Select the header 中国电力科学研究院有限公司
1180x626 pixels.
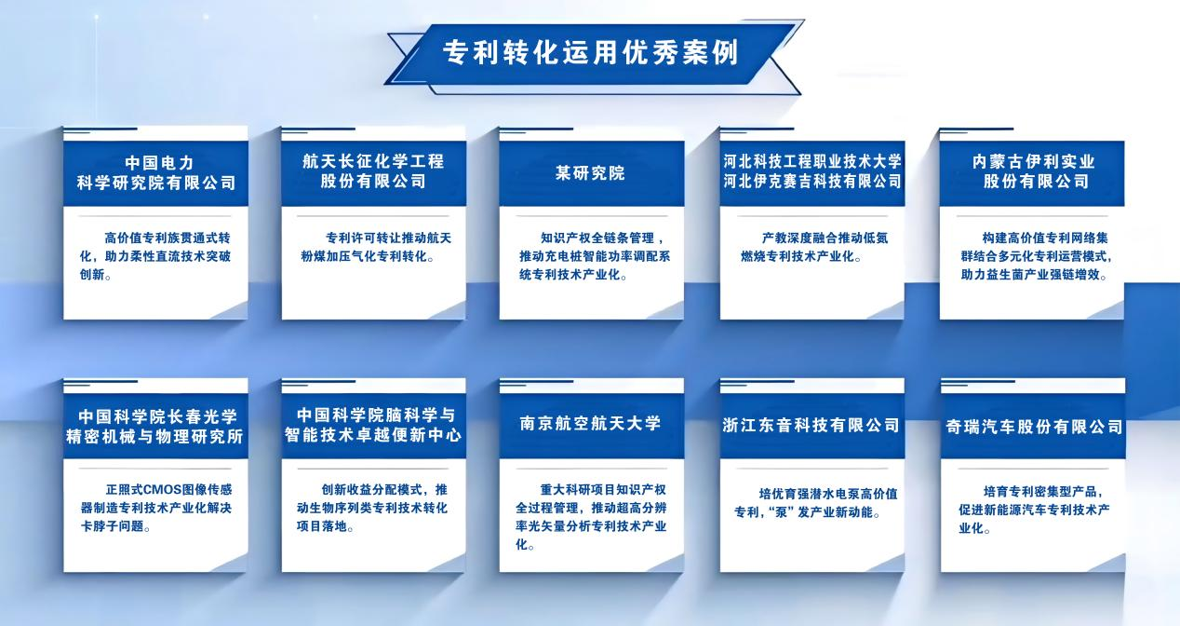(155, 172)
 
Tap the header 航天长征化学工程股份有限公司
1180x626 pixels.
(373, 172)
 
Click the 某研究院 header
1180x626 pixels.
(590, 173)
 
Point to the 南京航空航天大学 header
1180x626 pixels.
(590, 425)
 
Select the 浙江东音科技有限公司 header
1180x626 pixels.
(811, 426)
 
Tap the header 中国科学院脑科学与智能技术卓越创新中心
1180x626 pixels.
(373, 425)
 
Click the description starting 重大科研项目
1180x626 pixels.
(590, 516)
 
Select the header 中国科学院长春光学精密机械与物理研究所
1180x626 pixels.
(155, 425)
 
